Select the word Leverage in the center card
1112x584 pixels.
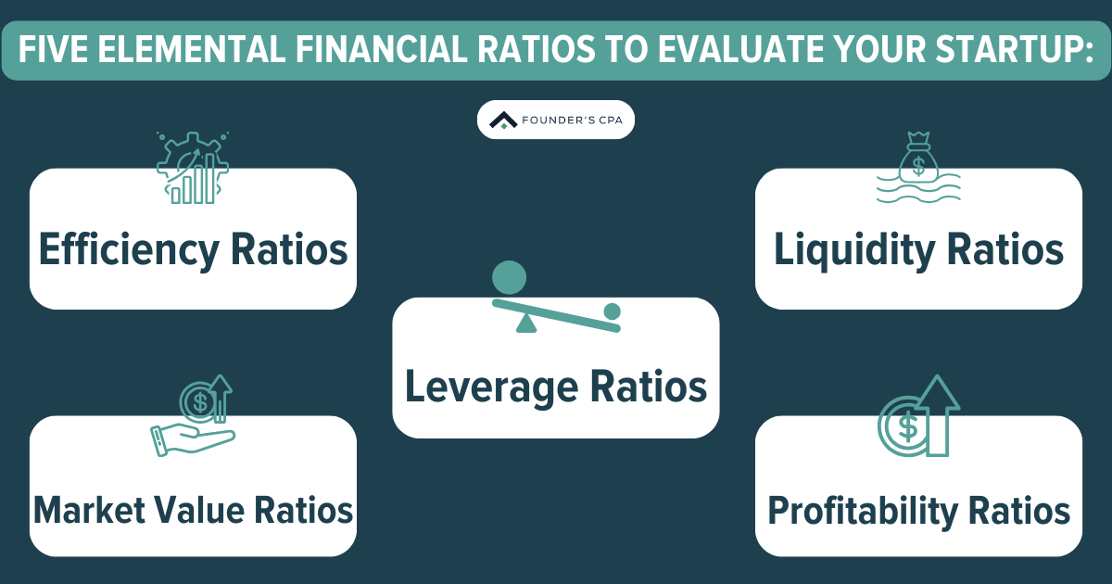point(486,386)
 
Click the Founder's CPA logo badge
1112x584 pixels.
point(555,120)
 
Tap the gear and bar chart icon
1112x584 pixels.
point(192,167)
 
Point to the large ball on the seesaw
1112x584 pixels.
point(509,277)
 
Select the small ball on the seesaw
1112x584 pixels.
point(612,311)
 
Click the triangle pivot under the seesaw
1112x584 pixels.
point(526,324)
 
